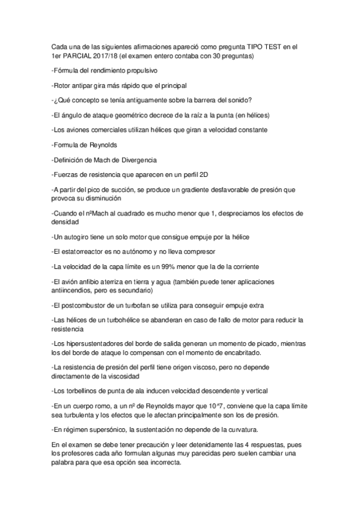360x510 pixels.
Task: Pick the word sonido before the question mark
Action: pos(237,100)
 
